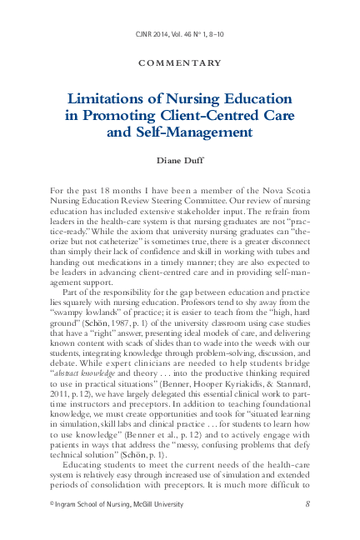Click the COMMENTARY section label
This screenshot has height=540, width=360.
point(180,62)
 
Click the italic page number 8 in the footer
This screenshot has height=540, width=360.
point(308,503)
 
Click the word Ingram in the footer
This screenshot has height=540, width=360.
point(71,503)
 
